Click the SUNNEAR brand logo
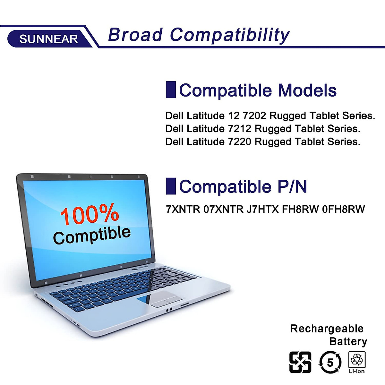coord(48,38)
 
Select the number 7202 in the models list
coord(254,116)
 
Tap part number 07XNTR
coord(223,210)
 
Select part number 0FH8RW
coord(343,210)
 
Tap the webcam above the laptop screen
coord(91,177)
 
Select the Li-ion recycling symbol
coord(357,362)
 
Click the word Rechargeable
coord(327,329)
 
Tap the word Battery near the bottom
coord(348,341)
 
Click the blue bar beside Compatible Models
coord(171,90)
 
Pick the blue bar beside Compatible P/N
coord(171,186)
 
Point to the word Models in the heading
coord(307,90)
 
